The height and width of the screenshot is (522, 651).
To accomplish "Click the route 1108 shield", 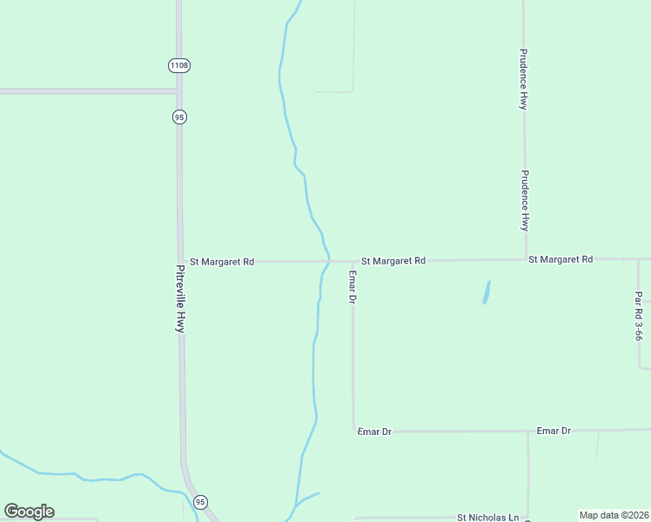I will pos(179,65).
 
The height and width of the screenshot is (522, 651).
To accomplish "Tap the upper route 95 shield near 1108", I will pos(179,117).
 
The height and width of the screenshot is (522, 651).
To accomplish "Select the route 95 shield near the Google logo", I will pos(201,502).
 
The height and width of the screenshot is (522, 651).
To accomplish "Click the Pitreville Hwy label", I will pos(180,298).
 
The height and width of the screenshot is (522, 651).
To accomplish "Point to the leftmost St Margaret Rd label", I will pos(222,261).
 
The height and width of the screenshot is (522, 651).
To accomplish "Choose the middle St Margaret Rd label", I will pos(393,260).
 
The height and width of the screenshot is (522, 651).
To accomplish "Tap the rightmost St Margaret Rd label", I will pos(560,259).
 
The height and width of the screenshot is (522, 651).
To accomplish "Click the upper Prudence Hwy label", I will pos(523,78).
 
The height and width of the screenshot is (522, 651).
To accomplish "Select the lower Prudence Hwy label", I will pos(525,200).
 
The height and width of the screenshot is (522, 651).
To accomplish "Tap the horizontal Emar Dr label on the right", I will pos(554,431).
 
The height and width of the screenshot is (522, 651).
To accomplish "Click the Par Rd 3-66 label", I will pos(639,315).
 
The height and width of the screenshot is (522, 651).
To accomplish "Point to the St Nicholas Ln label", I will pos(487,517).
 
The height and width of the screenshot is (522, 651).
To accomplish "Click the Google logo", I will pos(29,512).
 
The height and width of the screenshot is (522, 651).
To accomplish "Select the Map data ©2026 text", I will pos(614,515).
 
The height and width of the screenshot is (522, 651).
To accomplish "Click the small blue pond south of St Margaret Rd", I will pos(487,291).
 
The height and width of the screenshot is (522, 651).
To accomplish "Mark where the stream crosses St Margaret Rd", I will pos(327,260).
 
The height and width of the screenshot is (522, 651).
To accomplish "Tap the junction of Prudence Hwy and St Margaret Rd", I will pos(525,259).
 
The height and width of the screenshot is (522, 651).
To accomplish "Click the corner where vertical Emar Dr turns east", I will pos(353,431).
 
